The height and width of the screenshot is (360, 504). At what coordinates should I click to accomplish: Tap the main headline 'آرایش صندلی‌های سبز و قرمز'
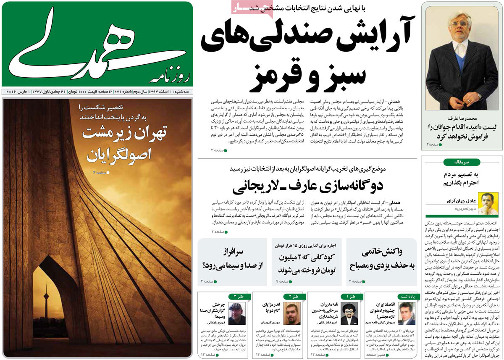(x=308, y=55)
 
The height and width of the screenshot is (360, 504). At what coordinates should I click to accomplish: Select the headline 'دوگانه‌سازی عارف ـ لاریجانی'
(x=307, y=186)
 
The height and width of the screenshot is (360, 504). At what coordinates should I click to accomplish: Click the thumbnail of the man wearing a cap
(x=237, y=313)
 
